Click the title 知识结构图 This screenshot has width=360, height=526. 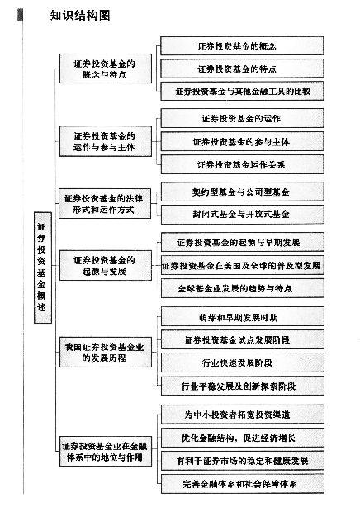pyautogui.click(x=80, y=16)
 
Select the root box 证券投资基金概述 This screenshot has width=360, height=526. pyautogui.click(x=43, y=268)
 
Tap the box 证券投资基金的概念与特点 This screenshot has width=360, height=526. pyautogui.click(x=106, y=69)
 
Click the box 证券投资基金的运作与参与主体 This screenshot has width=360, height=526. pyautogui.click(x=106, y=141)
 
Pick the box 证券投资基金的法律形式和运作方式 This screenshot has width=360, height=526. pyautogui.click(x=105, y=204)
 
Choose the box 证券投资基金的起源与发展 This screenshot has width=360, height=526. pyautogui.click(x=106, y=265)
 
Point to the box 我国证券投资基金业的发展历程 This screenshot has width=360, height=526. pyautogui.click(x=106, y=353)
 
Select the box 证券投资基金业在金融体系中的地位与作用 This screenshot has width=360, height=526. pyautogui.click(x=106, y=451)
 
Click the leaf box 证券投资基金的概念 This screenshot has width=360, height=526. pyautogui.click(x=242, y=45)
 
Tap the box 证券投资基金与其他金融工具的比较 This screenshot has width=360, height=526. pyautogui.click(x=242, y=91)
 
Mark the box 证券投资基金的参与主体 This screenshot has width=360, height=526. pyautogui.click(x=242, y=141)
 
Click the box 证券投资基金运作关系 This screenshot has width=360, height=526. pyautogui.click(x=242, y=164)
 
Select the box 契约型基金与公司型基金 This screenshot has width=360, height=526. pyautogui.click(x=243, y=192)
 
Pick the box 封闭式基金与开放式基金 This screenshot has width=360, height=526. pyautogui.click(x=243, y=215)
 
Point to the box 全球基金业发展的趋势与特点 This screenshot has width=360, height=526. pyautogui.click(x=243, y=288)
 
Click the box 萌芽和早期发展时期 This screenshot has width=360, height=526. pyautogui.click(x=243, y=316)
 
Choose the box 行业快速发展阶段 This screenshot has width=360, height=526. pyautogui.click(x=243, y=363)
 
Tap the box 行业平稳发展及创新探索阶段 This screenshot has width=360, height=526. pyautogui.click(x=243, y=386)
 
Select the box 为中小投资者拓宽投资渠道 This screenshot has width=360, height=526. pyautogui.click(x=243, y=415)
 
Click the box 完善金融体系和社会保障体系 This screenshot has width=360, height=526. pyautogui.click(x=243, y=484)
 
